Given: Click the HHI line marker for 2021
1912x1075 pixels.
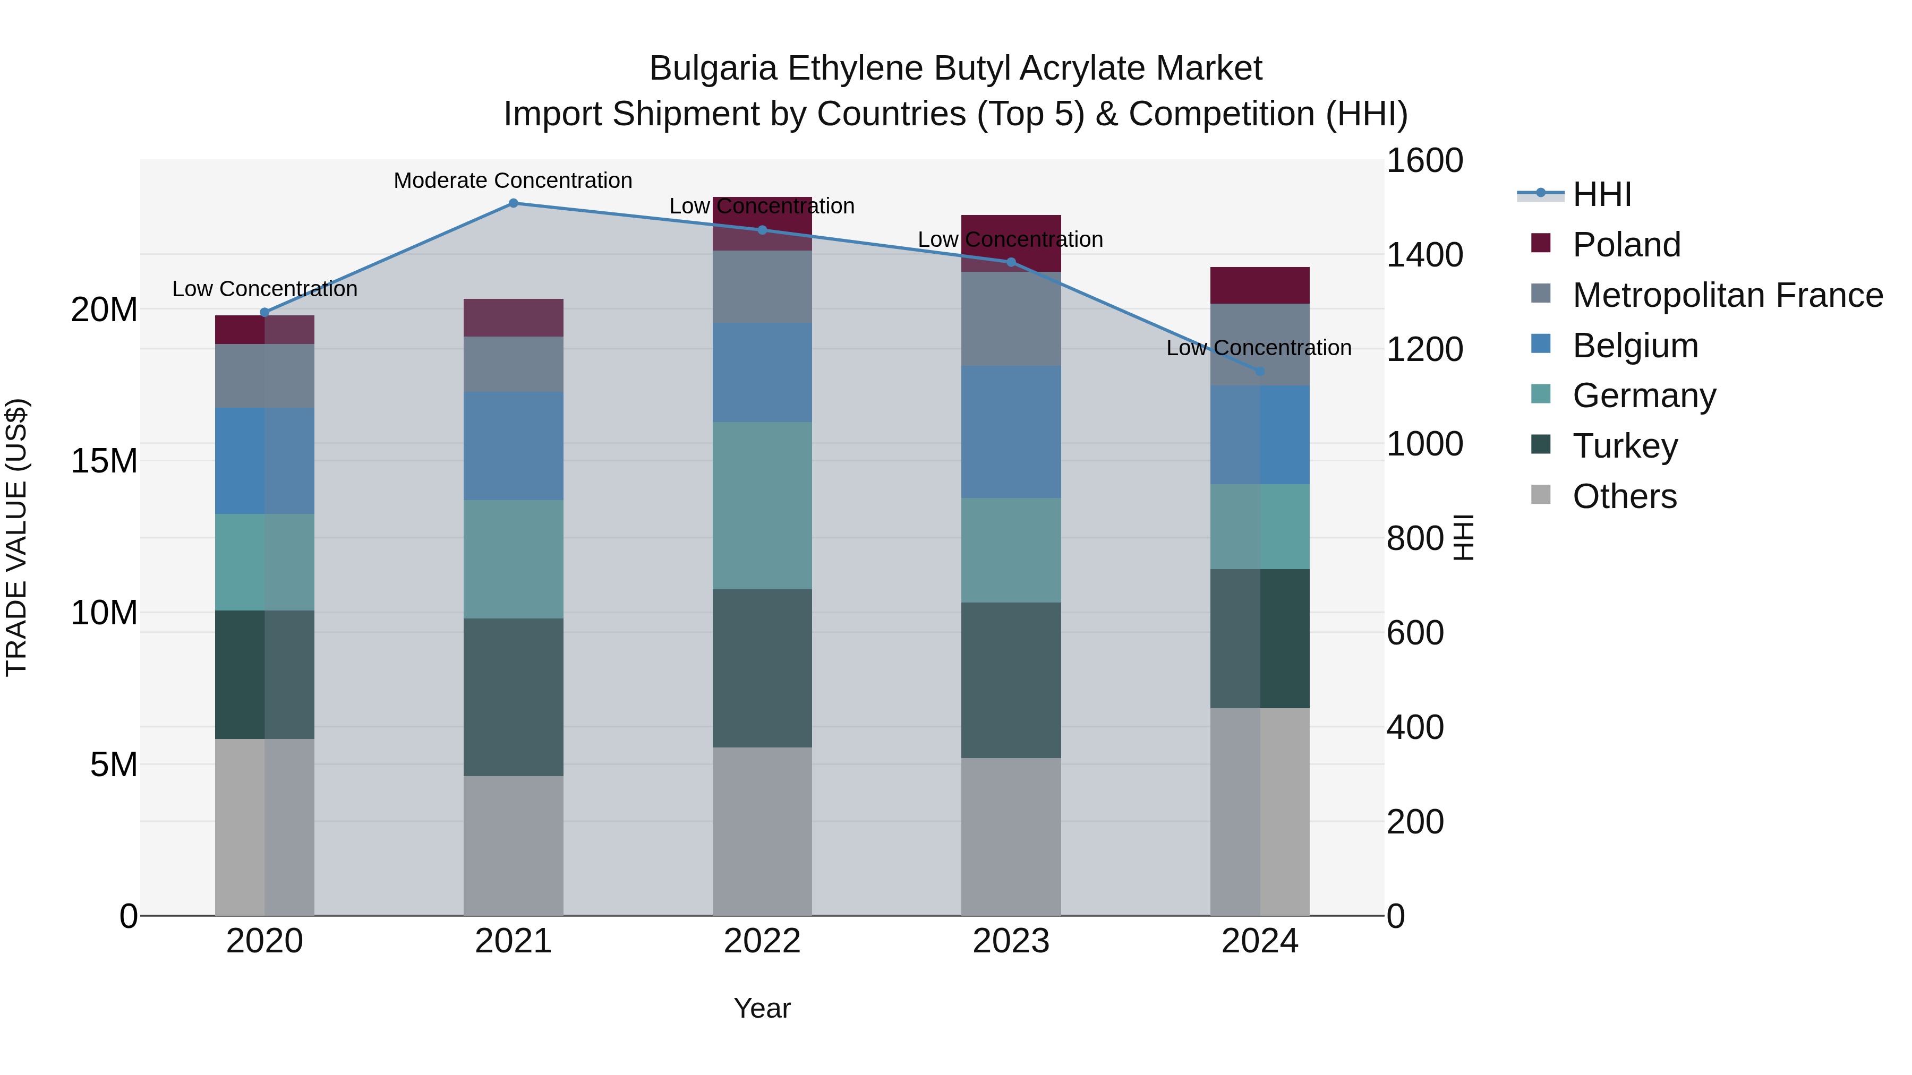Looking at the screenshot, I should [513, 203].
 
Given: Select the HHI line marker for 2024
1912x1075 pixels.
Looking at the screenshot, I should [1260, 371].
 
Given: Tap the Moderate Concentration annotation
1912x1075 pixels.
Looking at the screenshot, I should [513, 180].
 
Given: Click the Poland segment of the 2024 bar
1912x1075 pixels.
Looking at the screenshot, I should [1260, 285].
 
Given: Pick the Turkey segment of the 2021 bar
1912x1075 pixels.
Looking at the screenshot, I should [513, 698].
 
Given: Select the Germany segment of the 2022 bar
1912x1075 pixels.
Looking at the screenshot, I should [762, 505].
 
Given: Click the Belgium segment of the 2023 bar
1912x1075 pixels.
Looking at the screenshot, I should [1011, 431].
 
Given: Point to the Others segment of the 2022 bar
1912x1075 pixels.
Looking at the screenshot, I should [762, 831].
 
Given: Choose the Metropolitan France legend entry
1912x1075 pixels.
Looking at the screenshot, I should [1727, 295].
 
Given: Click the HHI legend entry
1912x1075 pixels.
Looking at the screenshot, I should [1602, 194].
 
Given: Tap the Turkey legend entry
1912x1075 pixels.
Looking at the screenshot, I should [1625, 446].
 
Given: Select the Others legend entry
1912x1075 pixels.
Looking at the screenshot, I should [1624, 496].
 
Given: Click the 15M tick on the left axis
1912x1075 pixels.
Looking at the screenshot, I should [104, 461].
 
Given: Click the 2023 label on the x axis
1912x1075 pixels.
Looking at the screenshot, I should [1011, 941].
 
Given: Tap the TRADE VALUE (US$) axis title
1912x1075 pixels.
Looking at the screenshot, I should [16, 537].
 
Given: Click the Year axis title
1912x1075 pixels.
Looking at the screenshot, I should [762, 1008].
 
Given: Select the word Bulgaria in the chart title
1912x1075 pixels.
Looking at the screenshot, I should [713, 68].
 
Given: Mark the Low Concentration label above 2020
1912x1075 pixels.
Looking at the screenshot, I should [265, 289].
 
